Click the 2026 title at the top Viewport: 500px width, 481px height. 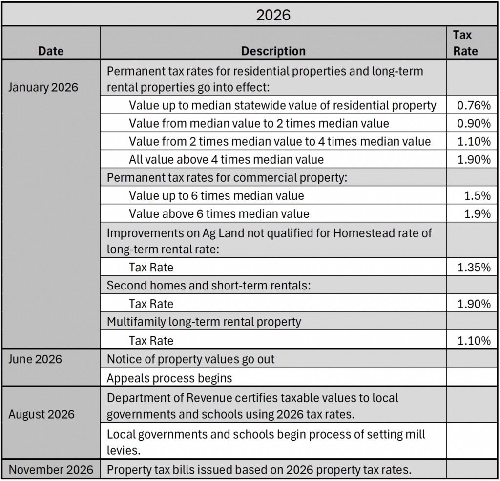tap(273, 15)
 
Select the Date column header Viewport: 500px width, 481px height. tap(51, 51)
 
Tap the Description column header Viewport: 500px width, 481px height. tap(273, 51)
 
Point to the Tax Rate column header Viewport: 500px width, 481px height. tap(465, 43)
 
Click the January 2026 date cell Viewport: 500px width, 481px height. tap(43, 87)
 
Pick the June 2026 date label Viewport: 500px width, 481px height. tap(35, 359)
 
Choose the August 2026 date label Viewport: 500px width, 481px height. tap(42, 414)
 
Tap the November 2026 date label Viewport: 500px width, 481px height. tap(51, 469)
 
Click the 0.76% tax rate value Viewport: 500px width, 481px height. tap(474, 105)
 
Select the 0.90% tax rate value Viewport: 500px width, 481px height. tap(474, 123)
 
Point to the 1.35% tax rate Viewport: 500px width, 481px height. tap(474, 267)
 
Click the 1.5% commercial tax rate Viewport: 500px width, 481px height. tap(478, 195)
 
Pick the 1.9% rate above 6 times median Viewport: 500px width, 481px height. tap(478, 213)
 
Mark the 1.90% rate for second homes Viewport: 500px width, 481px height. tap(474, 304)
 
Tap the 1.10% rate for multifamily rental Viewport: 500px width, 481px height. tap(474, 341)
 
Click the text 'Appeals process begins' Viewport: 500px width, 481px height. tap(169, 378)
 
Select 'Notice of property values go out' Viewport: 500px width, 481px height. tap(191, 359)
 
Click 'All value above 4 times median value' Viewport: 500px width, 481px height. tap(227, 159)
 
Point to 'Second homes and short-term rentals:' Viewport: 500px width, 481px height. tap(209, 286)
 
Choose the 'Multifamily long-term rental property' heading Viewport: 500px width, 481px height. tap(204, 322)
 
